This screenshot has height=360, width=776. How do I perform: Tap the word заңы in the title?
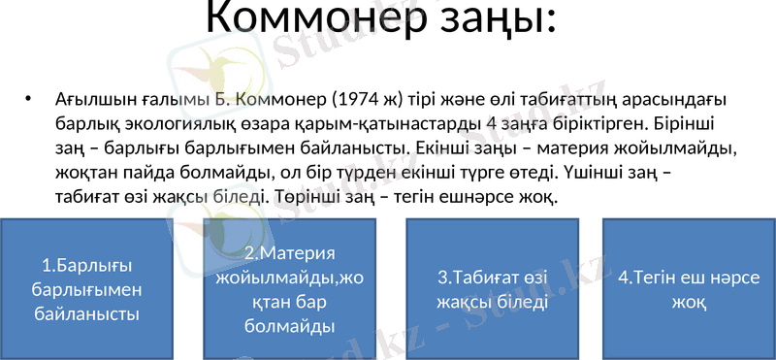tap(493, 20)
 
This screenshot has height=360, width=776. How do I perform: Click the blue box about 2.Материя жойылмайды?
tap(290, 288)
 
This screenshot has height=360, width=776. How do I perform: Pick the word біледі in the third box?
tap(517, 302)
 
